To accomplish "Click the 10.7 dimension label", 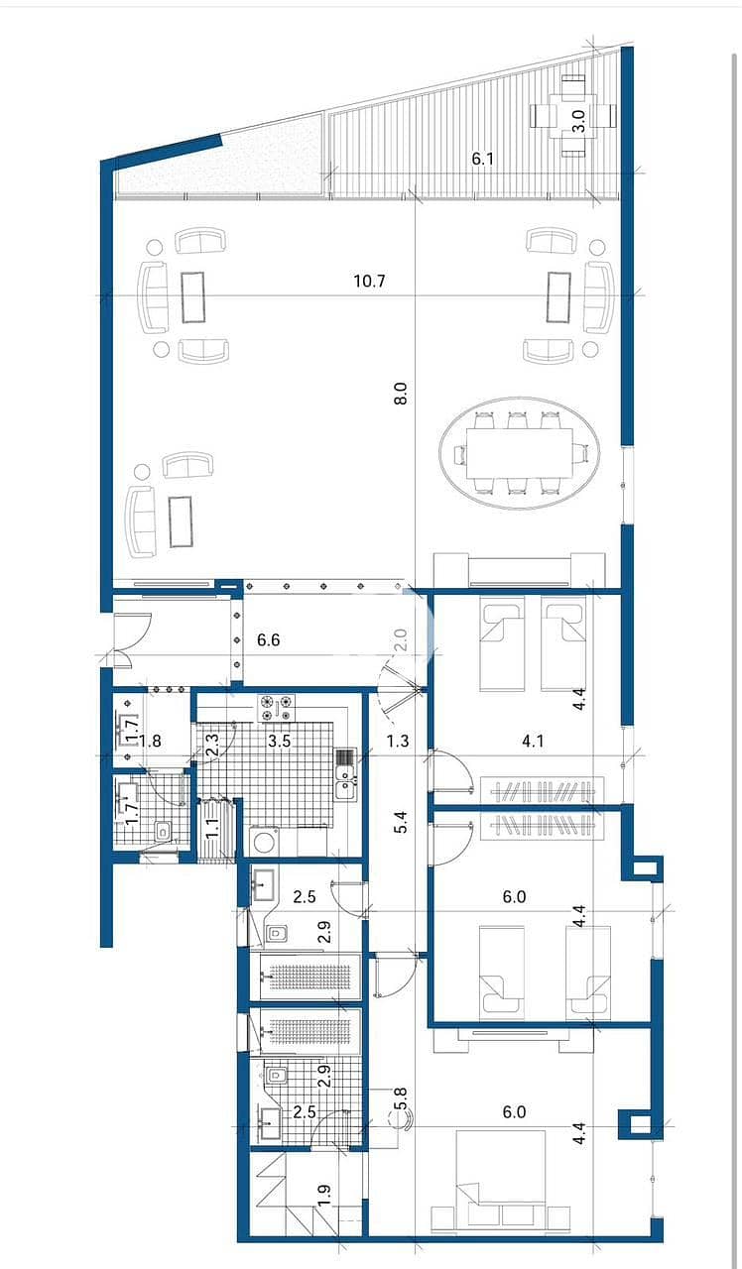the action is pos(370,281).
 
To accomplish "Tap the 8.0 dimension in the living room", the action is pos(401,394).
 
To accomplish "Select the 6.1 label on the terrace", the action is pos(482,159).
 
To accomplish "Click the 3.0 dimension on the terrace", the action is pos(578,121).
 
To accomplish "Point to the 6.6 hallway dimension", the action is pos(268,640).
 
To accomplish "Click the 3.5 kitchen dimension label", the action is pos(280,741).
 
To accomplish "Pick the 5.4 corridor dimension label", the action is pos(401,822).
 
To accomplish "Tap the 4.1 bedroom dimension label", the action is pos(533,741).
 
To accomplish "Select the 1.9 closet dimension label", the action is pos(325,1197).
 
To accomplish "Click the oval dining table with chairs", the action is pos(520,453).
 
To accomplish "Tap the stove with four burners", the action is pos(277,708).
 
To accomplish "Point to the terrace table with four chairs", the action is pos(573,116).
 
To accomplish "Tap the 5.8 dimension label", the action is pos(402,1098).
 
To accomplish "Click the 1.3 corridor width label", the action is pos(398,741).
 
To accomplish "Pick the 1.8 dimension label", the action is pos(150,741).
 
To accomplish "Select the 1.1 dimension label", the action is pos(211,828).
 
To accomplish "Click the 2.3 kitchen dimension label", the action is pos(211,745).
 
